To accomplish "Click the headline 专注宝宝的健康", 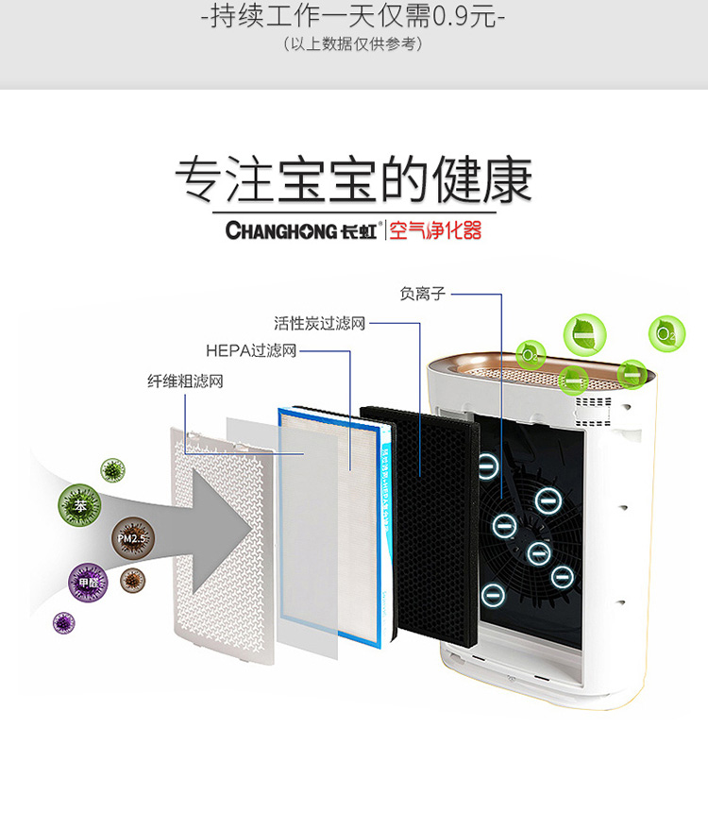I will (354, 179).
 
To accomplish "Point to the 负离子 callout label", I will (422, 294).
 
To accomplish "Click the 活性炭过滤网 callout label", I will (319, 324).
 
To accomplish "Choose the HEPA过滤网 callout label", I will (251, 351).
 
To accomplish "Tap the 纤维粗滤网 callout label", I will (185, 381).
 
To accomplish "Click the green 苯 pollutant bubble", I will (79, 505).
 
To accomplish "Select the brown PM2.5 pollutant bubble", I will (131, 537).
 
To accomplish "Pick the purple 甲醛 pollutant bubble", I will (88, 583).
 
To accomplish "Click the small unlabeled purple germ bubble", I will (63, 622).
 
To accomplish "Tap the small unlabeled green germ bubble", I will (113, 469).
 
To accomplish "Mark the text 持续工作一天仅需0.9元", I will (354, 18).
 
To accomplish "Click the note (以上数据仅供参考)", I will (354, 44).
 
